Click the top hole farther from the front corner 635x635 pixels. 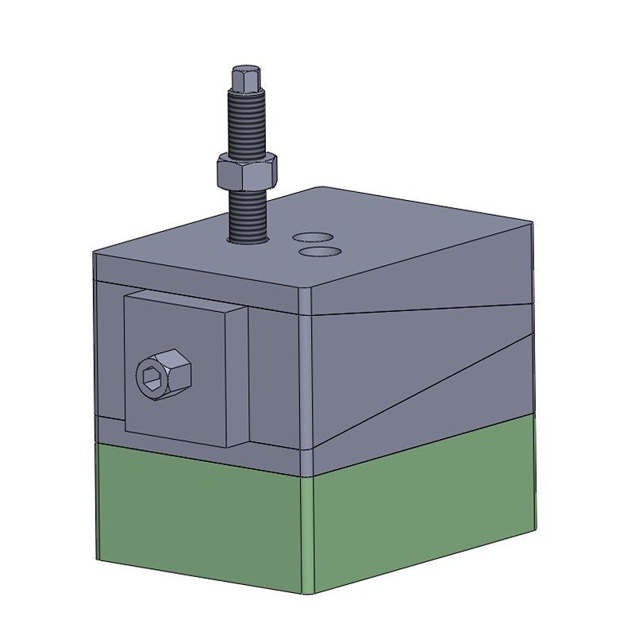(x=312, y=237)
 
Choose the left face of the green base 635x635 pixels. (x=198, y=516)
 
